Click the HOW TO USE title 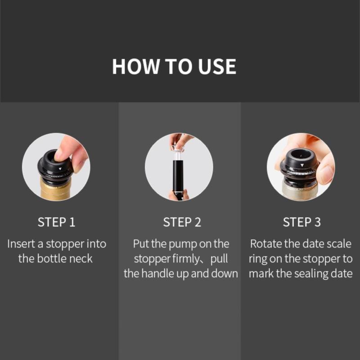pos(174,66)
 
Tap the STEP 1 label pos(57,222)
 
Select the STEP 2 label pos(182,222)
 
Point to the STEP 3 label pos(301,222)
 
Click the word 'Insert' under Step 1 pos(21,244)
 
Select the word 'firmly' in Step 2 pos(186,259)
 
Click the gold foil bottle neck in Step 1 pos(55,190)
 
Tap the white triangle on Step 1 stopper pos(60,169)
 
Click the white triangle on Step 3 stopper pos(301,165)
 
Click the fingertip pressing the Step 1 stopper pos(61,155)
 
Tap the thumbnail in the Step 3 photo pos(326,172)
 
